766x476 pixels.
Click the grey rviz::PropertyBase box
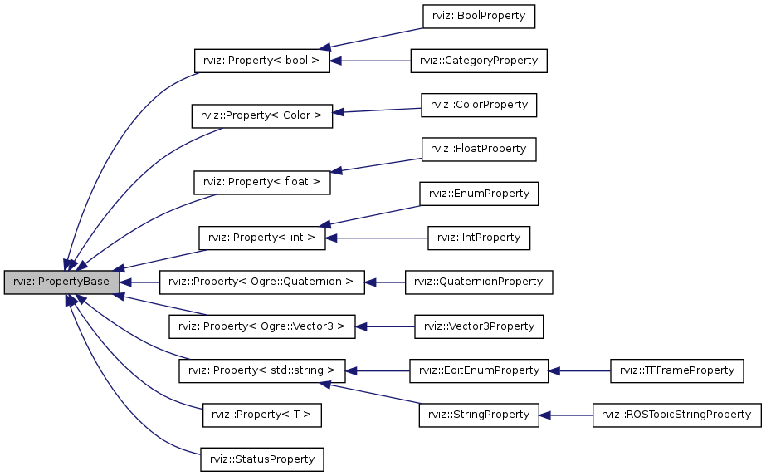point(61,282)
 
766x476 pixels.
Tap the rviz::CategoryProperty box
point(479,61)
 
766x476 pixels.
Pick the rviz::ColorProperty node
point(479,105)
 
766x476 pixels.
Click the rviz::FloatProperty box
point(479,149)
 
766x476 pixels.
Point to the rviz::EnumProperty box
point(479,194)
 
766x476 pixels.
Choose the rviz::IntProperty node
point(479,238)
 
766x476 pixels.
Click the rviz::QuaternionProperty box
point(479,282)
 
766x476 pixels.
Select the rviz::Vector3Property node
point(479,326)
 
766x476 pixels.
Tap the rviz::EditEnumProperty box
point(479,370)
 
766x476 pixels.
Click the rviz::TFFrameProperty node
point(676,370)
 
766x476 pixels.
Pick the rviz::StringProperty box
point(479,415)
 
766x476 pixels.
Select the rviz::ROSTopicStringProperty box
point(676,415)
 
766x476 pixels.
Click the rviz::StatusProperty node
point(262,459)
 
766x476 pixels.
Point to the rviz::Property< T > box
point(262,415)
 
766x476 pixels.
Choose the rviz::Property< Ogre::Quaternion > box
point(261,282)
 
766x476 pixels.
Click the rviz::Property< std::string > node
point(261,370)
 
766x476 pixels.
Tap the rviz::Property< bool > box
point(261,61)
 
